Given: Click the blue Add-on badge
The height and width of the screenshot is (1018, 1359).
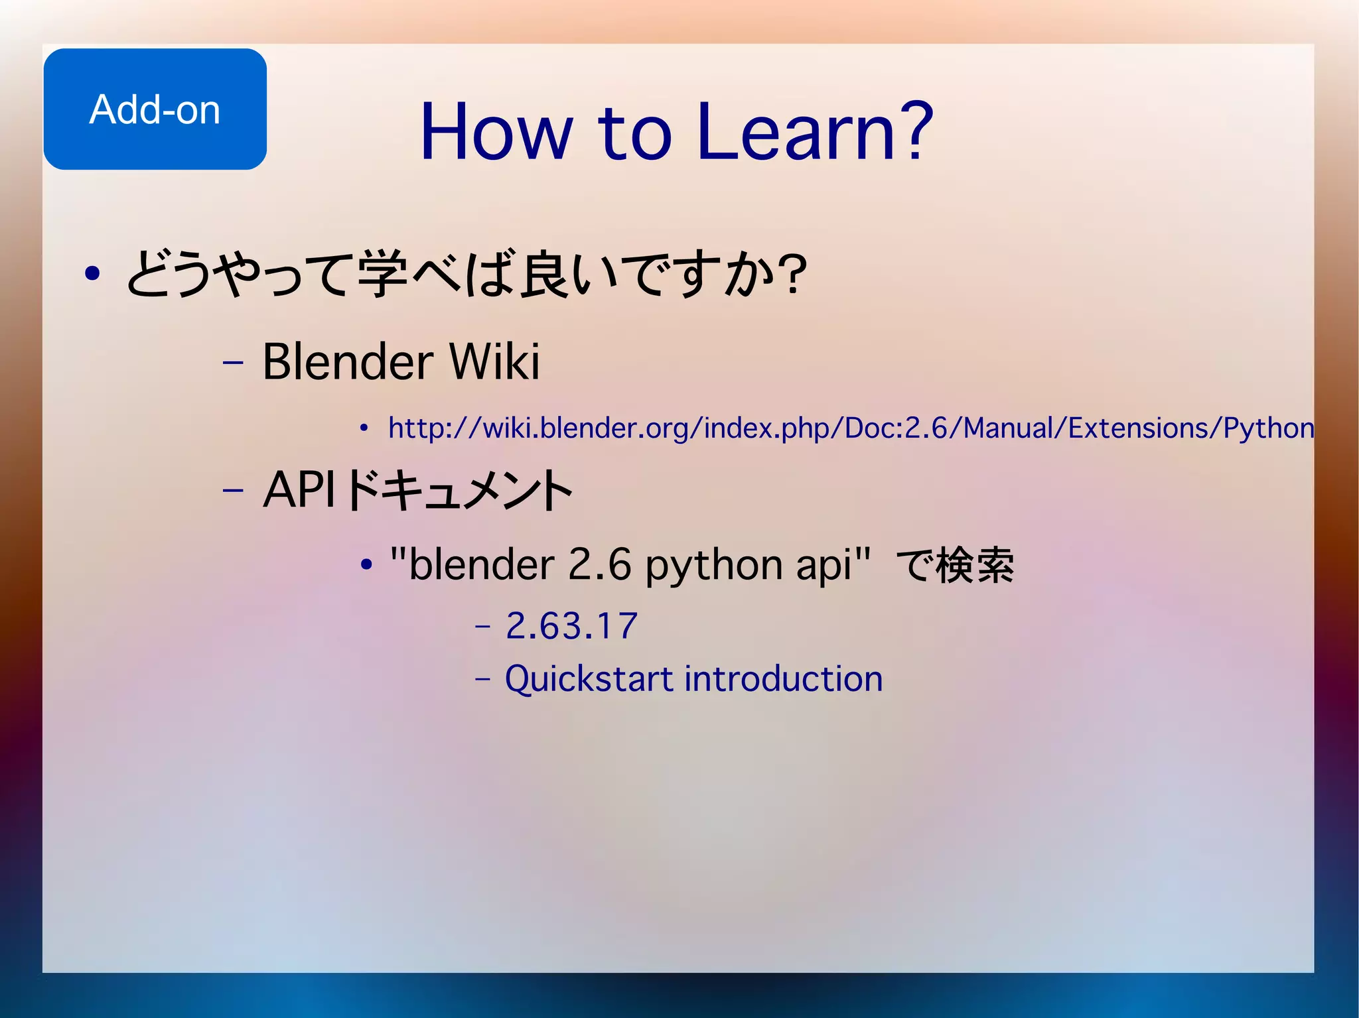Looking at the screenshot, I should (x=155, y=109).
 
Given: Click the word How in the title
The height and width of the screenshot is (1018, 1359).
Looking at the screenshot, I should (x=495, y=132).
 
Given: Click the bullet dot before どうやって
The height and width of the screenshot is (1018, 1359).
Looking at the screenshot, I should (x=92, y=273).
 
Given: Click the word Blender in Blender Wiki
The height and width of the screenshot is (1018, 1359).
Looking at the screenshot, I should (x=348, y=362).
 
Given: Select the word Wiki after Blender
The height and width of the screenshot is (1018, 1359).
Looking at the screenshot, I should (x=494, y=362).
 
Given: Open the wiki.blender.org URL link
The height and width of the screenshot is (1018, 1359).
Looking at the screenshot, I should (x=730, y=428).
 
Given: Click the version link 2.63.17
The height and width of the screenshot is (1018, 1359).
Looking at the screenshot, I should (x=571, y=626).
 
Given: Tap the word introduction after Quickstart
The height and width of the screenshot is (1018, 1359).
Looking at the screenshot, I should (x=783, y=679).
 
